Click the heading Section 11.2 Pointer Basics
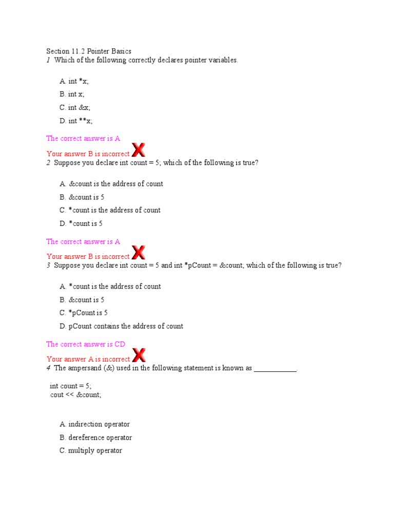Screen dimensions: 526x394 89,51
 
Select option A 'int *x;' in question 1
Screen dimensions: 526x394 74,81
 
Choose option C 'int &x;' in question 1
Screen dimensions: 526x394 75,107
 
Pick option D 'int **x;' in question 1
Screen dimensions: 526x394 76,121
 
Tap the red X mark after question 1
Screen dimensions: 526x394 138,150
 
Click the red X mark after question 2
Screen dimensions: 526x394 138,252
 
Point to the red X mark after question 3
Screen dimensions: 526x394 138,355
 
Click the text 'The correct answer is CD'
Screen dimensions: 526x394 86,344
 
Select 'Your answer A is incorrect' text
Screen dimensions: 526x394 88,359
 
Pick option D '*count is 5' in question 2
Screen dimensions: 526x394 83,223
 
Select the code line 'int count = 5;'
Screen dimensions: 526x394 71,386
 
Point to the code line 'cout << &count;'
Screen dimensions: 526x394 76,395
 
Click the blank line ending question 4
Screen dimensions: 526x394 275,369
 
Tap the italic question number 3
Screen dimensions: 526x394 48,266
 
